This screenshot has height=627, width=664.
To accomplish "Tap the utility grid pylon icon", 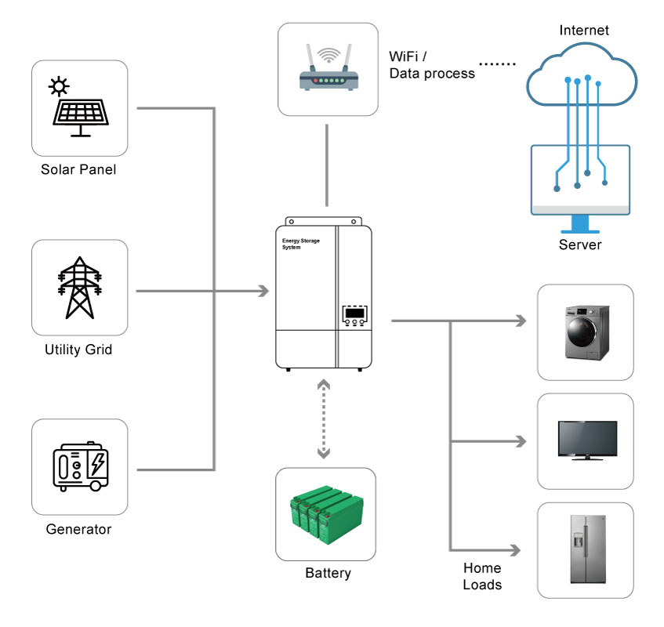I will click(x=79, y=287).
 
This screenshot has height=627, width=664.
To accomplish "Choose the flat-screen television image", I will click(x=586, y=440).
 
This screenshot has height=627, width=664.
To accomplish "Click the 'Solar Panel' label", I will click(x=78, y=169).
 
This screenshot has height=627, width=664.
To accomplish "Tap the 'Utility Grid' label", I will click(x=78, y=350).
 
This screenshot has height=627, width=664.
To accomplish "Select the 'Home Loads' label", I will click(x=482, y=576).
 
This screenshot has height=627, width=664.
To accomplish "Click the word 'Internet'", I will click(x=584, y=31).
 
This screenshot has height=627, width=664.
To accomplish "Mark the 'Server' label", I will click(x=580, y=245).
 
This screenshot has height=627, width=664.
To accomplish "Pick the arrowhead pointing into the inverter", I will click(x=263, y=292).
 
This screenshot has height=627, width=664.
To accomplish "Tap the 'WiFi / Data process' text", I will click(x=432, y=65).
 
